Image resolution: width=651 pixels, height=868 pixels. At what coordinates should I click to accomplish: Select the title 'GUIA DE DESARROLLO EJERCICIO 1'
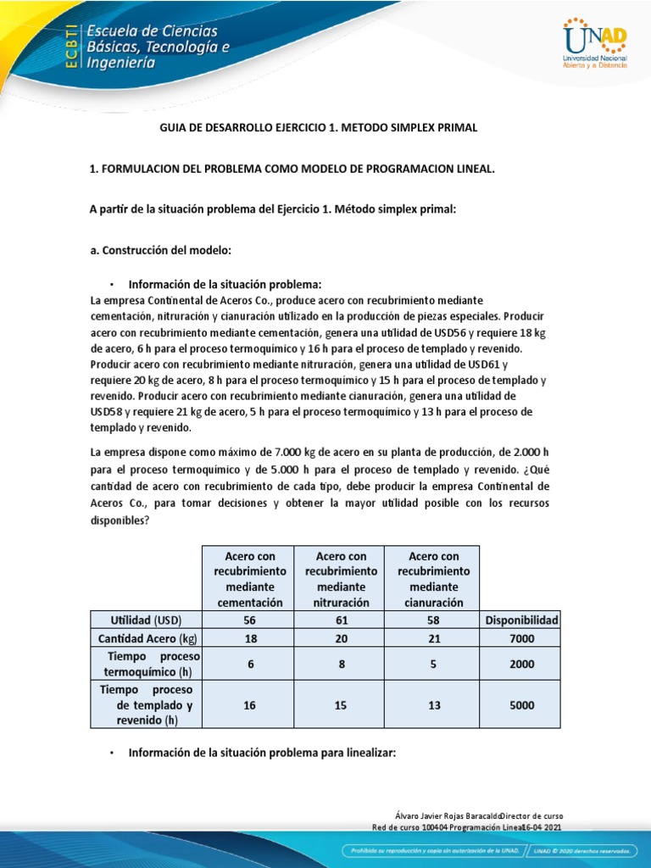319,127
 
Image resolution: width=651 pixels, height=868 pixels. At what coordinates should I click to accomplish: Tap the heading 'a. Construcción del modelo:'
160,250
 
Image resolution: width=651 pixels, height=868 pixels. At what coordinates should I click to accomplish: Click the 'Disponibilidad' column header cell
521,620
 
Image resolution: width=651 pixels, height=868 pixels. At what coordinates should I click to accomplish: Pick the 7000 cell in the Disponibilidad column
521,640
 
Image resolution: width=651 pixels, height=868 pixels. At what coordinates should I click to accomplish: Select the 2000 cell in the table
521,665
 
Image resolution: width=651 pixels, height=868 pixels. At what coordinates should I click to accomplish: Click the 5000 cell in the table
521,704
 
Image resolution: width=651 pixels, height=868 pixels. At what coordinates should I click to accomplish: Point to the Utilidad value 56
249,620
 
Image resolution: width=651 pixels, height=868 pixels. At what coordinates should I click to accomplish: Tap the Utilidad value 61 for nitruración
341,620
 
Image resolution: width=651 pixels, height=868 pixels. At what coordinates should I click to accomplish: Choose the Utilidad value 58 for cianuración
432,620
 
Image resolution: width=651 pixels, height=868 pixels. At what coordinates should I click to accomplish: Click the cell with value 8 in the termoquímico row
341,665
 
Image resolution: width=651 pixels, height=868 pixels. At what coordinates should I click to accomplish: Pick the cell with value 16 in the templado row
249,704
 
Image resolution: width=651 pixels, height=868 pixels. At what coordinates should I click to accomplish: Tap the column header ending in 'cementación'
249,579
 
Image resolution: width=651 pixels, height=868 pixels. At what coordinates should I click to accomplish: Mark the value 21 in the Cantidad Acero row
432,640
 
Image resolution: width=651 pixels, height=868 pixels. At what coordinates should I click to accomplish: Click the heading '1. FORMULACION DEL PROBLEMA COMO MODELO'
292,169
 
